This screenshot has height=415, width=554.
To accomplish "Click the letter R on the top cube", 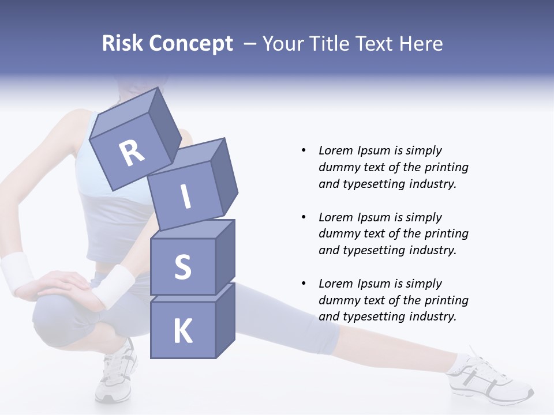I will [x=132, y=154].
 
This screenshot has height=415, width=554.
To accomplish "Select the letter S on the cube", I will [x=182, y=267].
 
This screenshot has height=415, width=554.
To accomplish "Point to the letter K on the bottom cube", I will [x=182, y=331].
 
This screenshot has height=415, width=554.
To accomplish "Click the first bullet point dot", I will [x=304, y=151].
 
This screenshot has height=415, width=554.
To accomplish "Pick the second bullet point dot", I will [x=304, y=217].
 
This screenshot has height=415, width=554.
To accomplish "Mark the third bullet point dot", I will [x=304, y=284].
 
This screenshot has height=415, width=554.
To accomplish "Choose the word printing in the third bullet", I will [x=446, y=300].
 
